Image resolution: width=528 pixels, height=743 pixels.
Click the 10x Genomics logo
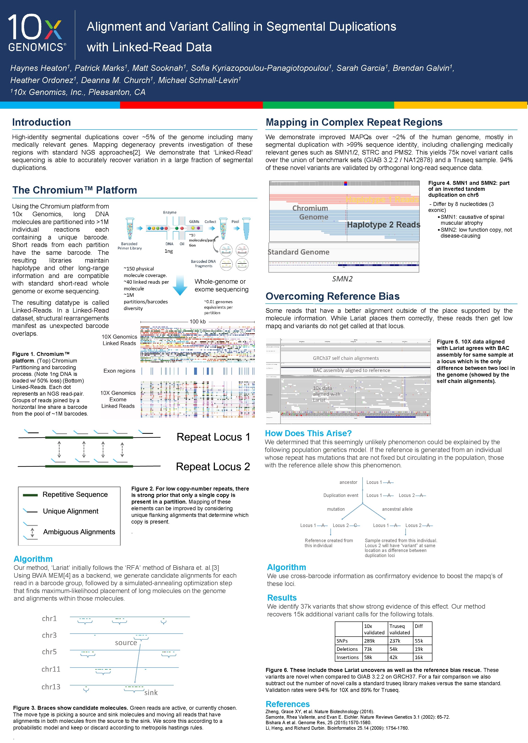[36, 33]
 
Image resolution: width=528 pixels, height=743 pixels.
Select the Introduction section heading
[41, 122]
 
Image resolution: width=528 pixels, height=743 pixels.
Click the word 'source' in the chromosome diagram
[126, 643]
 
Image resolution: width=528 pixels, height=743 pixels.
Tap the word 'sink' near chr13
[151, 693]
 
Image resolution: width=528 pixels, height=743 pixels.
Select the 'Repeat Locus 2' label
[213, 466]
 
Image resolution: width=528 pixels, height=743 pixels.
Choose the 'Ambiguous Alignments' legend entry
[79, 532]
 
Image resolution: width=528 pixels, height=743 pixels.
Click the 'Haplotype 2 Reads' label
[383, 225]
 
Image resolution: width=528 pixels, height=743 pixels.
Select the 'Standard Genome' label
[298, 252]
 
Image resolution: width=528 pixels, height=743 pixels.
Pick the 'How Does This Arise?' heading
[308, 433]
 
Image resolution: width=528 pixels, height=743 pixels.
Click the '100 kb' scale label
[198, 322]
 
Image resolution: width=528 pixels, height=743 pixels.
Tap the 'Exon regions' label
[119, 371]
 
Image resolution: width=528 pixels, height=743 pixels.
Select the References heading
[287, 704]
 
